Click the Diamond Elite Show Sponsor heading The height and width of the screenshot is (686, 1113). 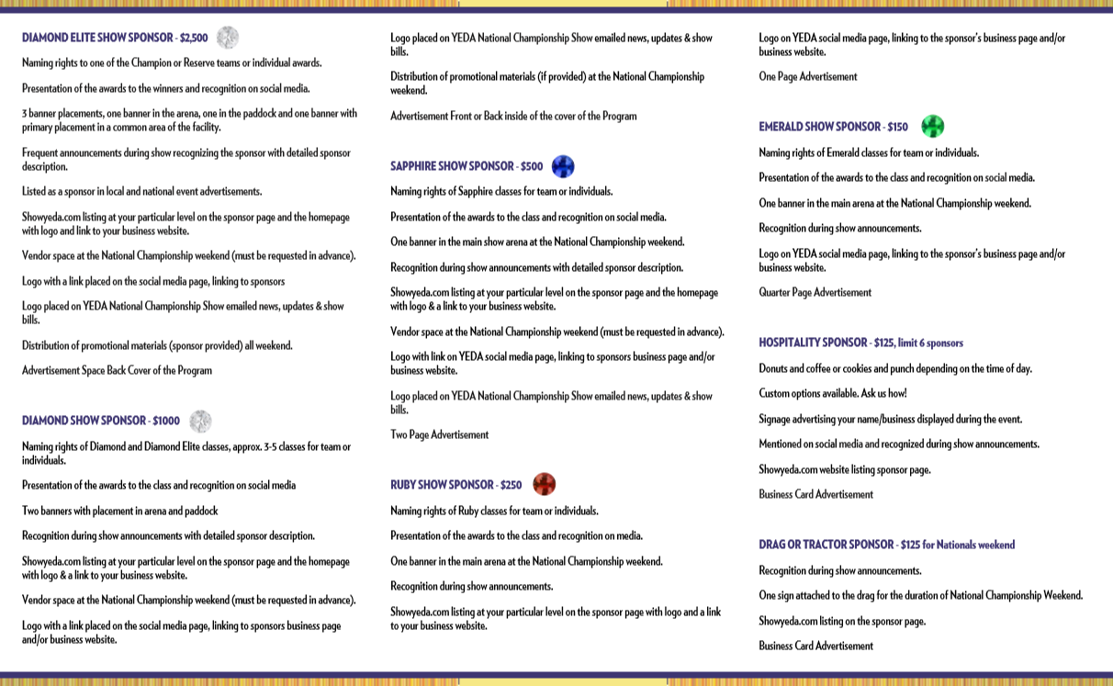pyautogui.click(x=97, y=38)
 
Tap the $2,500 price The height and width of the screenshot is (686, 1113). pyautogui.click(x=194, y=38)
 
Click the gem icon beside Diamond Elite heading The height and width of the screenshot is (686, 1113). pyautogui.click(x=228, y=38)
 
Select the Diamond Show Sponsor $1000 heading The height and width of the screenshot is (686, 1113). pyautogui.click(x=101, y=421)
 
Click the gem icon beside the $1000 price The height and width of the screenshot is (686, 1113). pyautogui.click(x=200, y=422)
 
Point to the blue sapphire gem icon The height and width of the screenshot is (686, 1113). pyautogui.click(x=563, y=166)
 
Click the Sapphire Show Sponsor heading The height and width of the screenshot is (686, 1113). pyautogui.click(x=452, y=166)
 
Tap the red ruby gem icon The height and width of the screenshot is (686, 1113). pyautogui.click(x=544, y=484)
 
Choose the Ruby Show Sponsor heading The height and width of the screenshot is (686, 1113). pyautogui.click(x=442, y=485)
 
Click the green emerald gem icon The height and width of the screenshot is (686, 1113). pyautogui.click(x=932, y=127)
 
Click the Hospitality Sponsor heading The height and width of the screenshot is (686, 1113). pyautogui.click(x=813, y=343)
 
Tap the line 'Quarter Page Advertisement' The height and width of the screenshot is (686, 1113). pyautogui.click(x=815, y=292)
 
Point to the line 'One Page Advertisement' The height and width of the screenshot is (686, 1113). pyautogui.click(x=807, y=77)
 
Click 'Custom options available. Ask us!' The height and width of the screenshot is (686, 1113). pyautogui.click(x=832, y=393)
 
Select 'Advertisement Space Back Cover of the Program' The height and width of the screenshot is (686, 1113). pyautogui.click(x=117, y=371)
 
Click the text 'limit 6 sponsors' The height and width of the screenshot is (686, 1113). pyautogui.click(x=929, y=343)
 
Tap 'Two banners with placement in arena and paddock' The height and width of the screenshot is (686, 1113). pyautogui.click(x=119, y=511)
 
